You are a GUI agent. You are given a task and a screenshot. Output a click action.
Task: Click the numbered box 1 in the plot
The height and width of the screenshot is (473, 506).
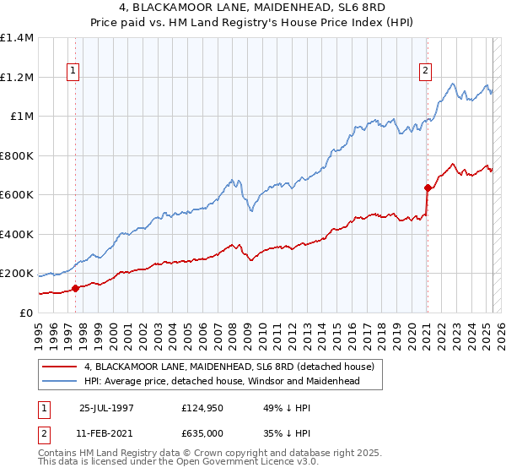75,71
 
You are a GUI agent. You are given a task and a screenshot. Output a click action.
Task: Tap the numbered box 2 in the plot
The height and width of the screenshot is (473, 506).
427,71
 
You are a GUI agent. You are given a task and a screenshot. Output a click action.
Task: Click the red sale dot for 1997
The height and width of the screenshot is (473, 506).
76,288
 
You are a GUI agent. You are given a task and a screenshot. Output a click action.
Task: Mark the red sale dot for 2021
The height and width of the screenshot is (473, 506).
428,188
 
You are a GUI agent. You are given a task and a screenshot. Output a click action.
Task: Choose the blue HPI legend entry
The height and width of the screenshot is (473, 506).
222,381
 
